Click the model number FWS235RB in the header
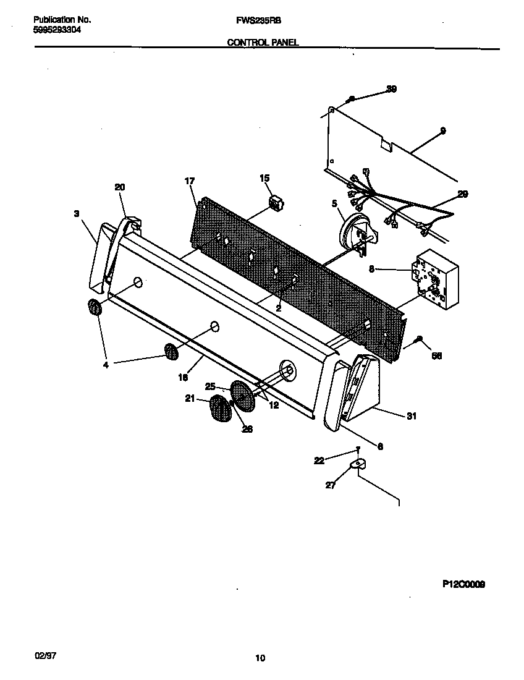click(259, 20)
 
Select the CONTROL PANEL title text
click(263, 43)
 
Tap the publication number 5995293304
click(56, 30)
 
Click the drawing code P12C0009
click(463, 583)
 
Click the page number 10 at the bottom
click(260, 658)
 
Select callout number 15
click(264, 178)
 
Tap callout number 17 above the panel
click(190, 181)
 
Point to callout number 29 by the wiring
click(462, 194)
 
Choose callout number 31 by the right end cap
click(411, 416)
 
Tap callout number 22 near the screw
click(318, 460)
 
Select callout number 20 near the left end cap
click(120, 187)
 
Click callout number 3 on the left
click(77, 213)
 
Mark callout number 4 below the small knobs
click(106, 365)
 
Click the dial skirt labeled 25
click(243, 396)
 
